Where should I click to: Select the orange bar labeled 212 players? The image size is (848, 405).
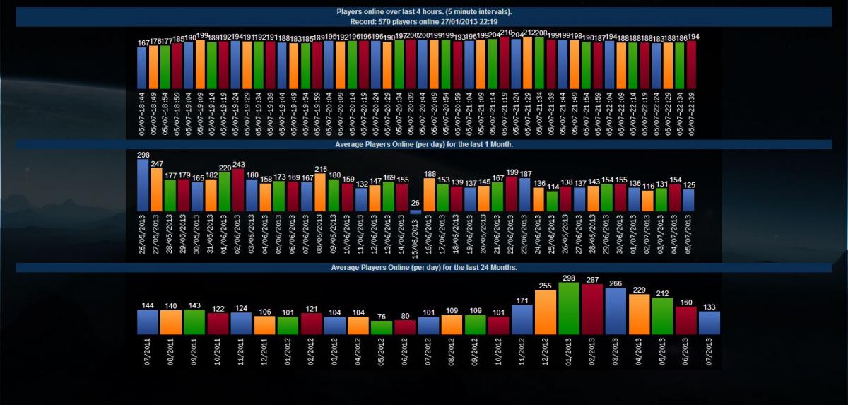click(528, 62)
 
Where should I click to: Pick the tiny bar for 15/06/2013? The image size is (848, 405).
click(416, 211)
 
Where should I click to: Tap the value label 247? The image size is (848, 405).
click(157, 163)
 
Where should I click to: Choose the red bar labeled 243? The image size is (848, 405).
click(238, 190)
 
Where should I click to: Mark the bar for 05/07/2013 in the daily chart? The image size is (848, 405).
click(689, 201)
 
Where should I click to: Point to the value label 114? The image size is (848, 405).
click(552, 187)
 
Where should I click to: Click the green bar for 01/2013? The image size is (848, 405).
click(570, 308)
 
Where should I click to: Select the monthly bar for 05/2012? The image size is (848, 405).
click(382, 327)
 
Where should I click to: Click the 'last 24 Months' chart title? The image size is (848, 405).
click(424, 268)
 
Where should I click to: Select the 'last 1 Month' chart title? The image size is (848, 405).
click(424, 144)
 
